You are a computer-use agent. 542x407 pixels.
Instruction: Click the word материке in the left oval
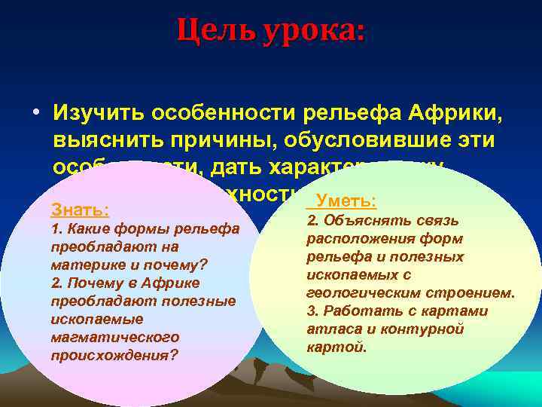point(82,265)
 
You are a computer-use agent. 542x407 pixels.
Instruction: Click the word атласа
point(329,329)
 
